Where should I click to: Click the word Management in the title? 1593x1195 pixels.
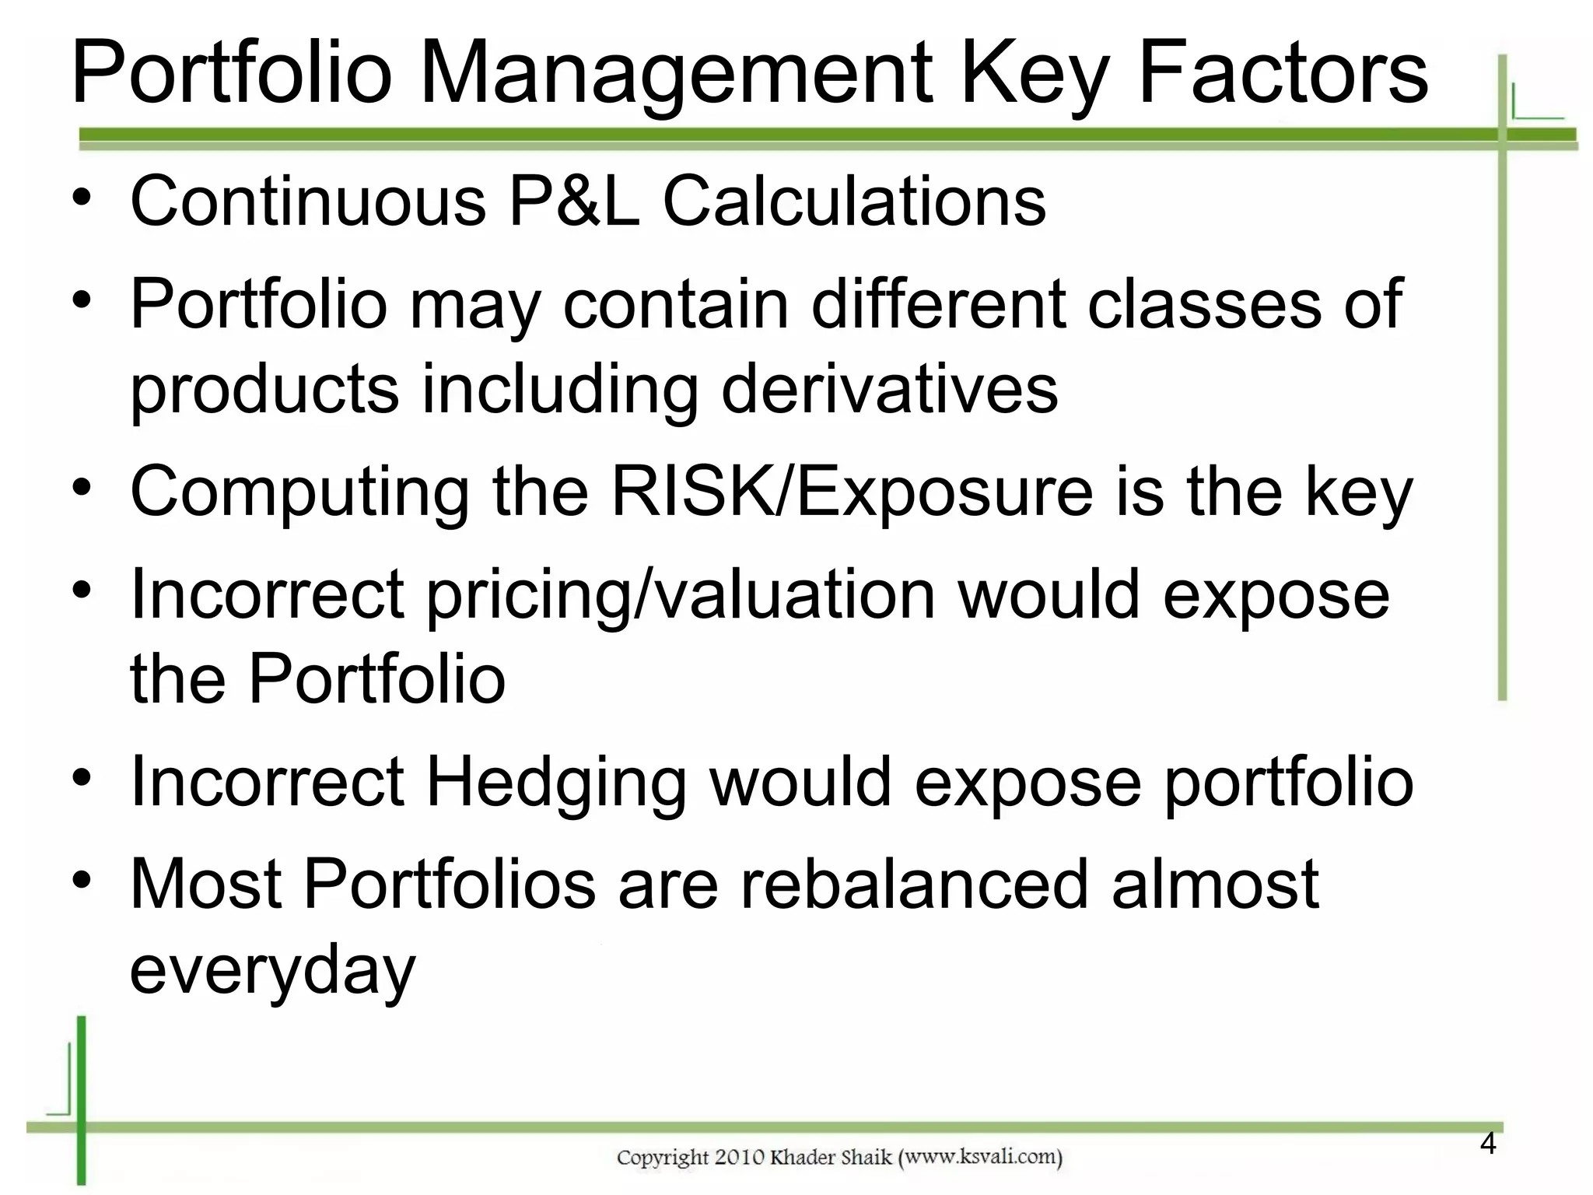click(x=675, y=74)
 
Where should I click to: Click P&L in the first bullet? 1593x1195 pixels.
click(x=574, y=202)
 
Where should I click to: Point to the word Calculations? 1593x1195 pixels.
click(x=854, y=202)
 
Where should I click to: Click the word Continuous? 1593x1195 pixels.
click(x=308, y=202)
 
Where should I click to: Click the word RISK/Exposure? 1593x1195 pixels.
click(x=853, y=492)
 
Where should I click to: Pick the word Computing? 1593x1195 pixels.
click(x=299, y=492)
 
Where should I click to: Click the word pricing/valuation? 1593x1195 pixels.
click(x=681, y=596)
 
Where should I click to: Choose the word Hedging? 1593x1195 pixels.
click(x=555, y=782)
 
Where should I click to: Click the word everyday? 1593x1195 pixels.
click(x=272, y=969)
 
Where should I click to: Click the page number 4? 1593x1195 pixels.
click(x=1487, y=1144)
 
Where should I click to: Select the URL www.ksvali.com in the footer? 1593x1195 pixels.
click(x=980, y=1158)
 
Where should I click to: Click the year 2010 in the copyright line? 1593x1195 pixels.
click(x=739, y=1158)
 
